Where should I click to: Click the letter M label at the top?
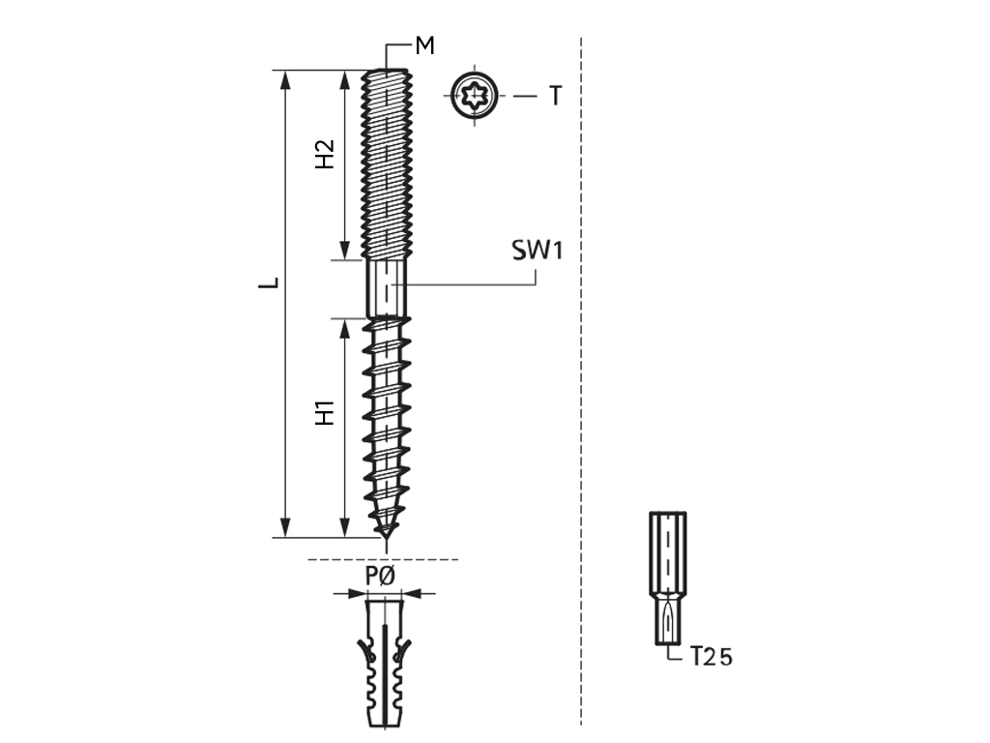[x=424, y=45]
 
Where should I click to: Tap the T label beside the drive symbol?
[x=555, y=97]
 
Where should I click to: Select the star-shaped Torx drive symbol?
[x=476, y=97]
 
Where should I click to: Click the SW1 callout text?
[x=537, y=252]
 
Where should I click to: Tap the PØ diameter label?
[x=380, y=577]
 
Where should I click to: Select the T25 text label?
[x=712, y=658]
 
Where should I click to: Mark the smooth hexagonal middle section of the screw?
[x=388, y=287]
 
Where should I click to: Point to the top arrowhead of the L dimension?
[x=284, y=77]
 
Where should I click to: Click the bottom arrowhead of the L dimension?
[x=284, y=529]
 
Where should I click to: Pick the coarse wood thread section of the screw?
[x=388, y=416]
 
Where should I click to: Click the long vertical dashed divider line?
[x=580, y=387]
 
